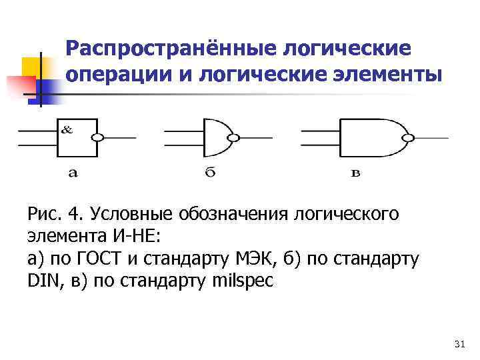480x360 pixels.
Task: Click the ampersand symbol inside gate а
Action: click(67, 130)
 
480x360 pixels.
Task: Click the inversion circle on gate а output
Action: click(98, 138)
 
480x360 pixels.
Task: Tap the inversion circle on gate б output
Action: click(233, 139)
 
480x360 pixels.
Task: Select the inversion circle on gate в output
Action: click(409, 138)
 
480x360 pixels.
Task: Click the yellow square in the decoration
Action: click(32, 67)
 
